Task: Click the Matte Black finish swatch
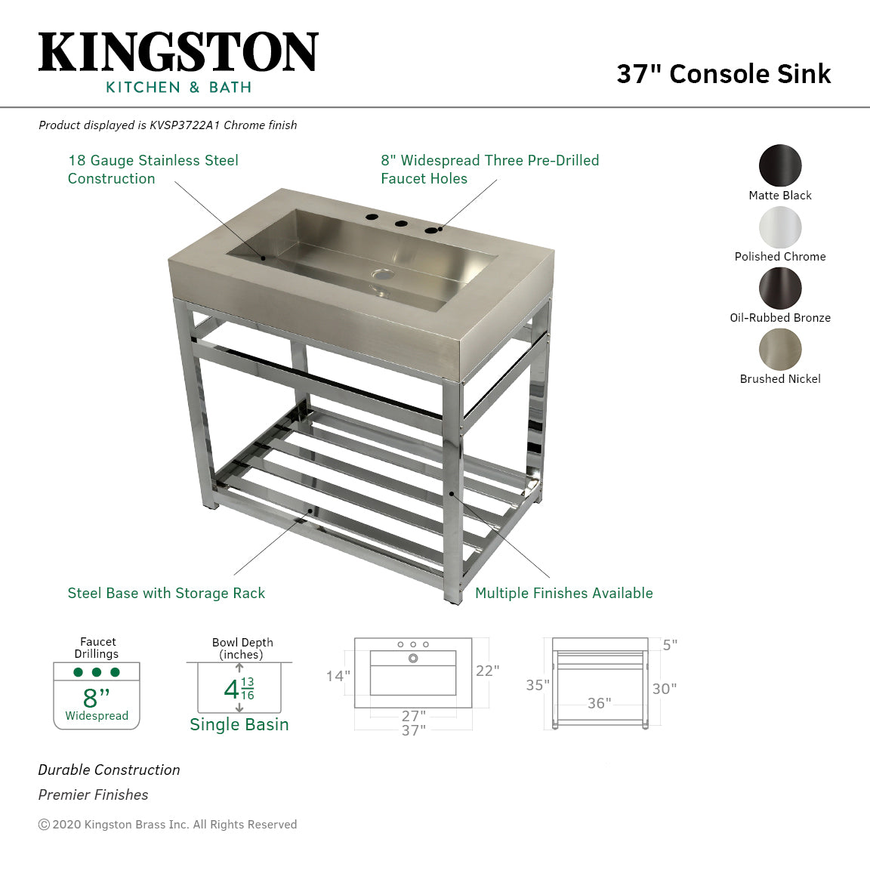click(x=780, y=165)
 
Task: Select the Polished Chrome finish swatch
click(x=780, y=227)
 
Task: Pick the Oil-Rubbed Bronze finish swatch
click(x=780, y=288)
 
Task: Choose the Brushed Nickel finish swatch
click(x=780, y=350)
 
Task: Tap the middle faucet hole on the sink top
click(x=400, y=224)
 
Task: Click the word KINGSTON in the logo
click(x=178, y=53)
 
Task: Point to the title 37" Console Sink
click(x=723, y=74)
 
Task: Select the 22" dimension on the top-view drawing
click(x=487, y=671)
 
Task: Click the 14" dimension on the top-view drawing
click(x=338, y=676)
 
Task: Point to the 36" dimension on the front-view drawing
click(x=599, y=703)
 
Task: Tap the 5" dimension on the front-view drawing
click(x=670, y=645)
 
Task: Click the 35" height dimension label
click(x=538, y=685)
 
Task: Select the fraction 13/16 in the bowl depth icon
click(x=248, y=689)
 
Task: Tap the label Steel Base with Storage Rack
click(x=166, y=594)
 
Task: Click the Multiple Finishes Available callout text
click(x=563, y=594)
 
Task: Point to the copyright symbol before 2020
click(x=44, y=825)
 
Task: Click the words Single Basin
click(x=239, y=725)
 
